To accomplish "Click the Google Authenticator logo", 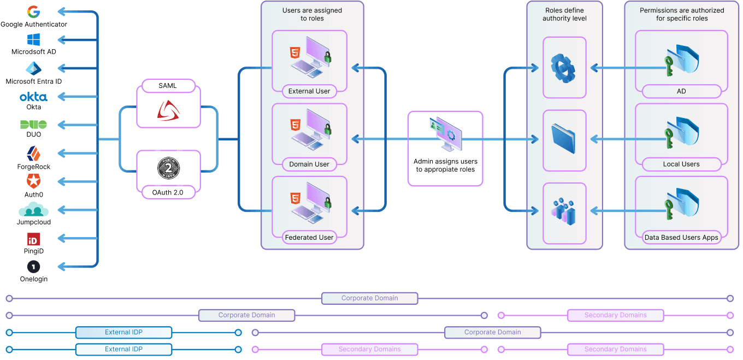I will pyautogui.click(x=33, y=12).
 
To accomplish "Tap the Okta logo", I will pyautogui.click(x=33, y=97).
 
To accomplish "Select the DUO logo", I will pyautogui.click(x=33, y=124).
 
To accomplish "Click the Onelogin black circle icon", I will pyautogui.click(x=33, y=267).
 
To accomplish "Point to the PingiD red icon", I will pyautogui.click(x=33, y=239).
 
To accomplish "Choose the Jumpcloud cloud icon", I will pyautogui.click(x=33, y=210).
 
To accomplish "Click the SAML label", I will pyautogui.click(x=168, y=86).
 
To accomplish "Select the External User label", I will pyautogui.click(x=309, y=91).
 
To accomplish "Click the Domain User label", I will pyautogui.click(x=309, y=164).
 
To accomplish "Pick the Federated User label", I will pyautogui.click(x=309, y=237).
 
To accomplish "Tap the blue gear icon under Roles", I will pyautogui.click(x=564, y=68).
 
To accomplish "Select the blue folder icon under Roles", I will pyautogui.click(x=564, y=140).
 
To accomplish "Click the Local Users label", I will pyautogui.click(x=681, y=164).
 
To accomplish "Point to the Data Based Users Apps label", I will pyautogui.click(x=681, y=237).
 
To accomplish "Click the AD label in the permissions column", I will pyautogui.click(x=681, y=91).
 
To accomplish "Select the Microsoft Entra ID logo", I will pyautogui.click(x=33, y=69).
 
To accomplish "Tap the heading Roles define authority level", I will pyautogui.click(x=564, y=14).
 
